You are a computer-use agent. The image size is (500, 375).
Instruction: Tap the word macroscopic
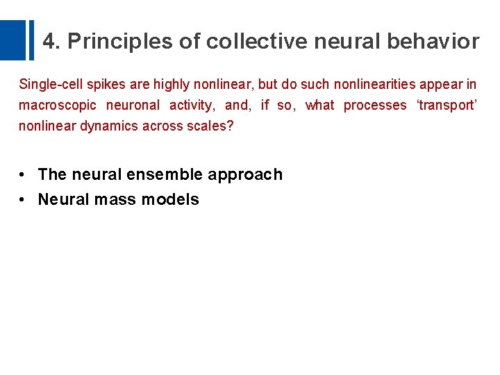pyautogui.click(x=57, y=106)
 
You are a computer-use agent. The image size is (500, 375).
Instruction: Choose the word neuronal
pyautogui.click(x=133, y=106)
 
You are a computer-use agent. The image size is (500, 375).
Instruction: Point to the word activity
pyautogui.click(x=191, y=106)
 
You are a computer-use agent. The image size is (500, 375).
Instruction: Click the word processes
pyautogui.click(x=375, y=106)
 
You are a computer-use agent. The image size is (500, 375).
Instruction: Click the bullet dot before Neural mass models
pyautogui.click(x=23, y=200)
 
